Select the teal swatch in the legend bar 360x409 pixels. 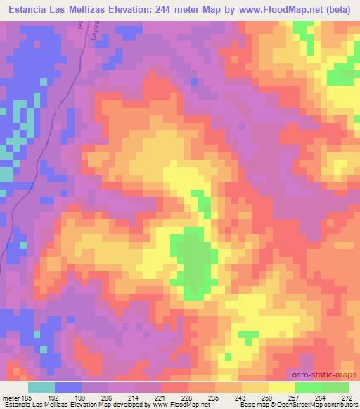click(41, 387)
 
